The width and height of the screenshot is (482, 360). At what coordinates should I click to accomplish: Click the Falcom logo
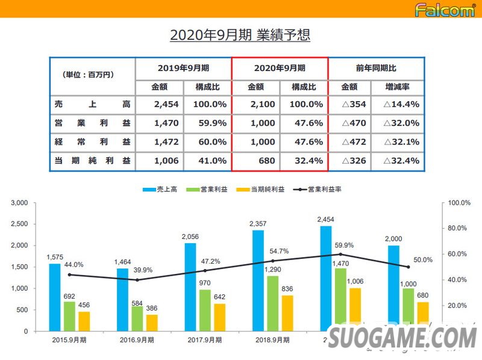coord(445,9)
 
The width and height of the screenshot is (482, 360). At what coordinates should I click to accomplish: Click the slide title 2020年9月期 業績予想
coord(240,35)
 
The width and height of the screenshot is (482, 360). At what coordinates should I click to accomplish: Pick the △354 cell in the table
coord(354,104)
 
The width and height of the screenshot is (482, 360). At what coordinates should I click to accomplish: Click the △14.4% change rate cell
coord(401,104)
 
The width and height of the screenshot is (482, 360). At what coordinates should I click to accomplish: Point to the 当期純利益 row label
coord(92,161)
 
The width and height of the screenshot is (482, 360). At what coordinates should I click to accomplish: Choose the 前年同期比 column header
coord(377,68)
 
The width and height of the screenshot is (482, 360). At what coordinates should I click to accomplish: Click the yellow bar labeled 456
coord(84,321)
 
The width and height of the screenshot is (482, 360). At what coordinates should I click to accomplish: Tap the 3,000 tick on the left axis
coord(20,203)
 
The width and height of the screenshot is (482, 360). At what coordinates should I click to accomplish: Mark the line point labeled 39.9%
coord(138,280)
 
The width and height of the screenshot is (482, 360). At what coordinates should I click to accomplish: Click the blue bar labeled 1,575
coord(55,297)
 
